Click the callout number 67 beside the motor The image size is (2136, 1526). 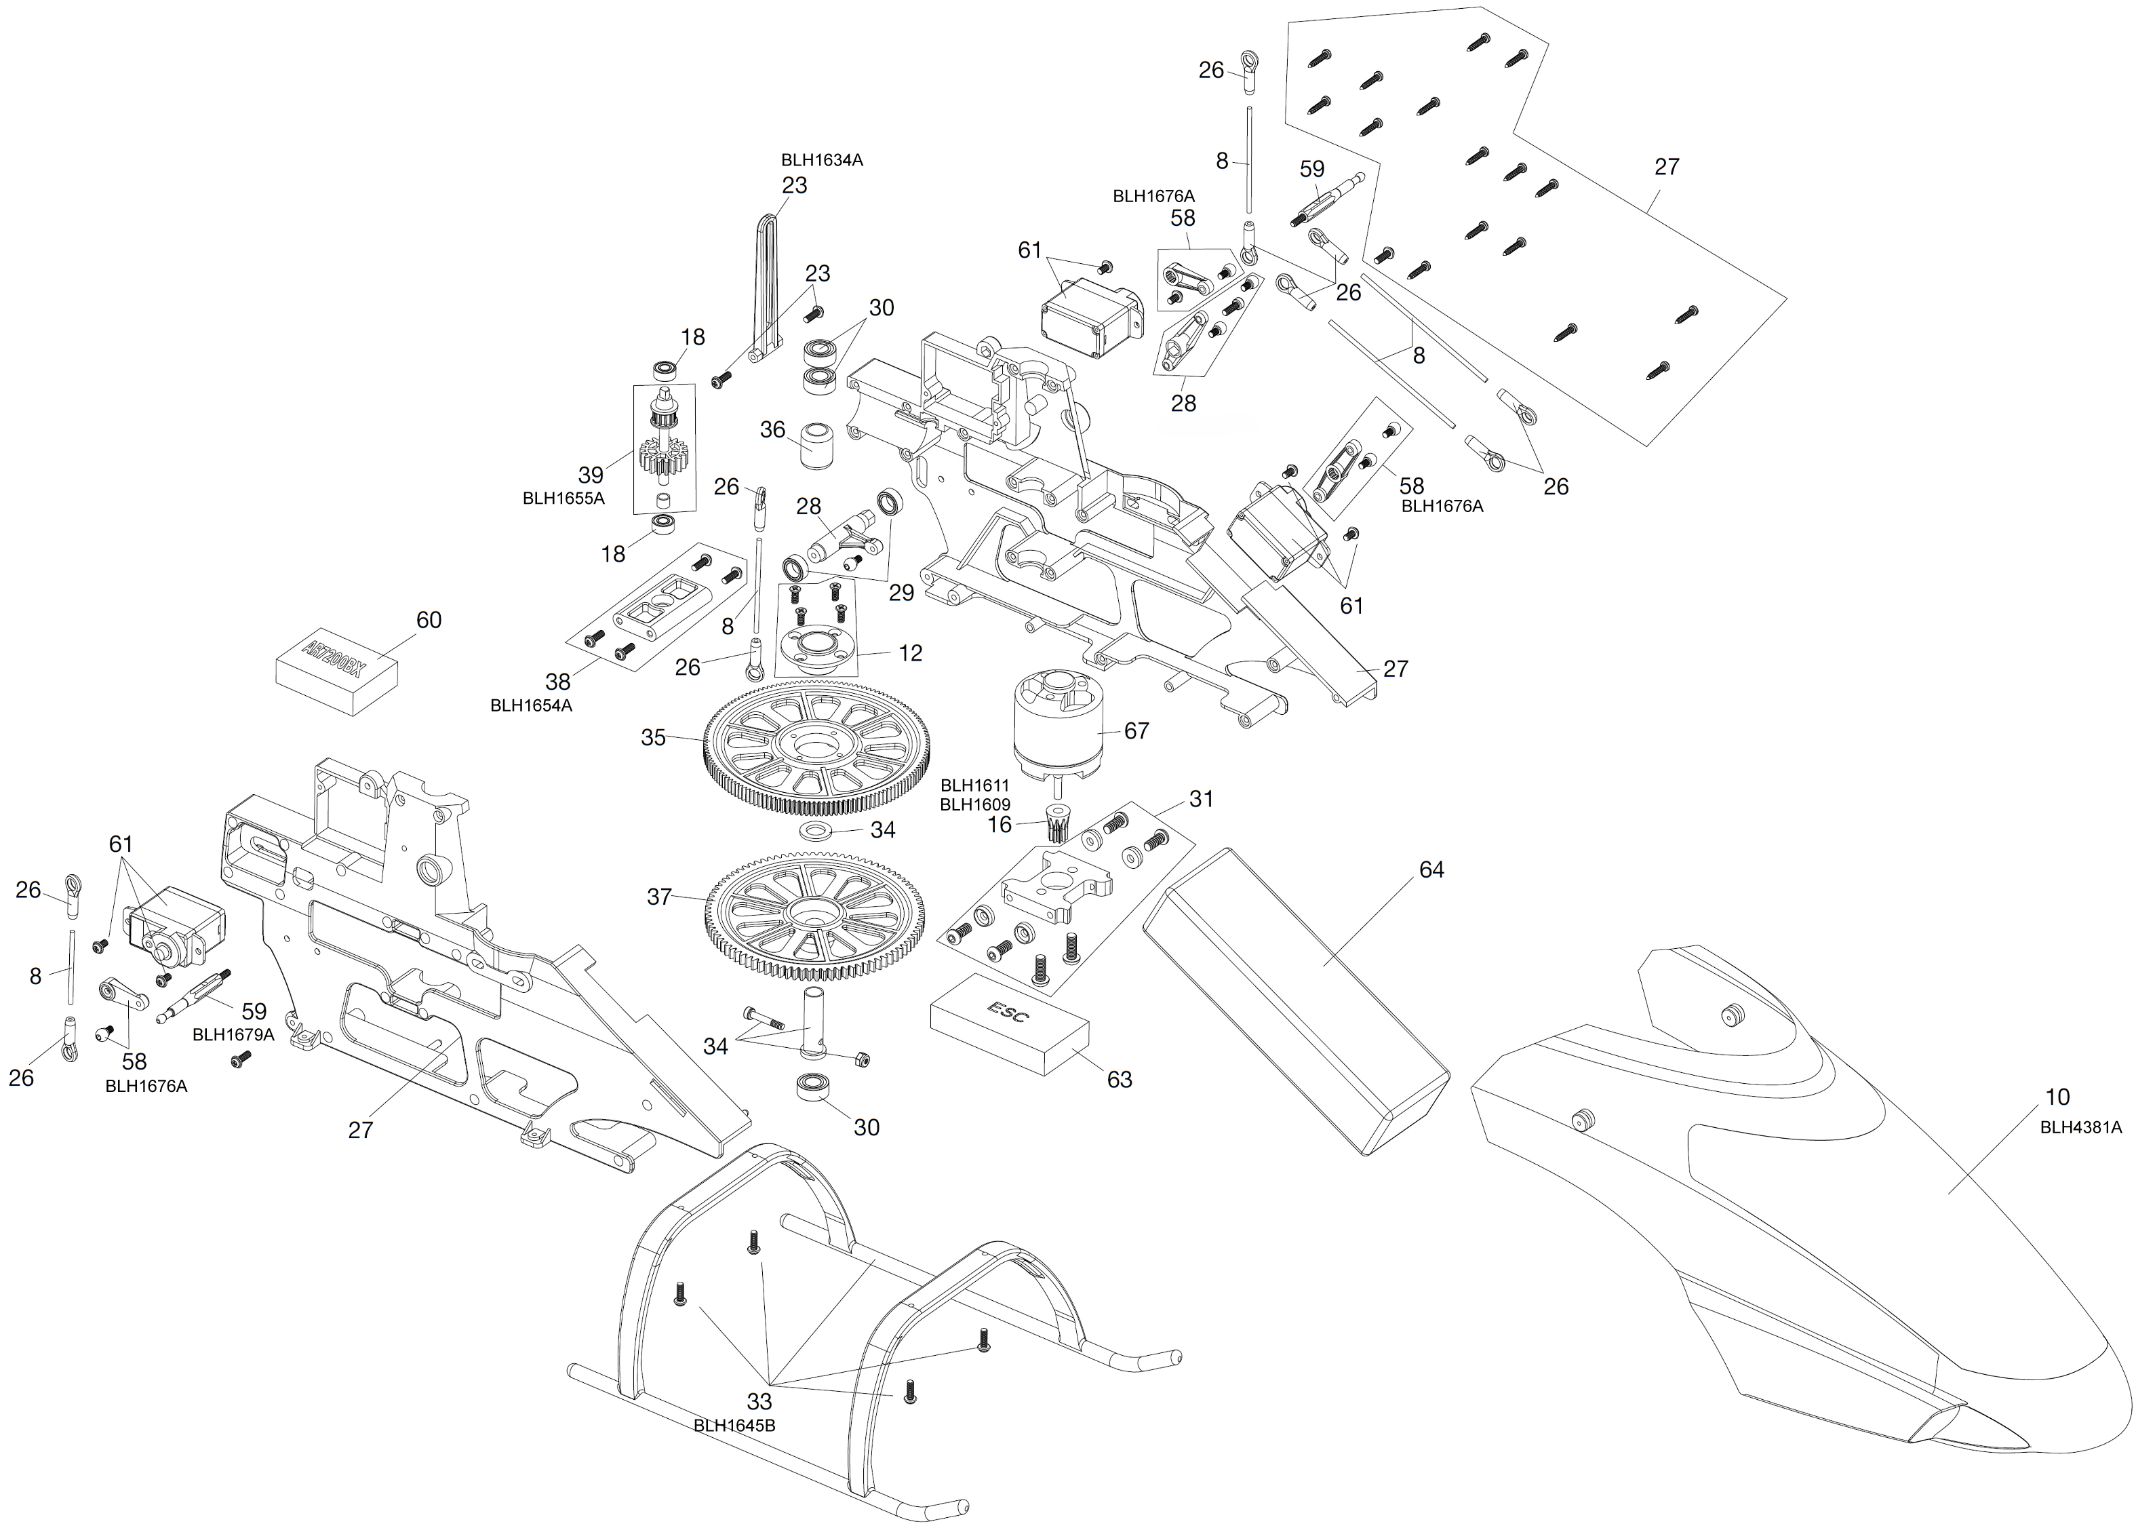(1136, 730)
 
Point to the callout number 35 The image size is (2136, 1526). (654, 738)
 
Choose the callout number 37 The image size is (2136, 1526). (659, 897)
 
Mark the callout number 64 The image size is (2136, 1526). (1431, 870)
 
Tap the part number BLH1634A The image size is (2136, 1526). (822, 161)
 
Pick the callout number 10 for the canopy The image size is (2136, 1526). (2057, 1097)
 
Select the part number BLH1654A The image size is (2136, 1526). (531, 705)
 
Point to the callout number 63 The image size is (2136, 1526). (1120, 1080)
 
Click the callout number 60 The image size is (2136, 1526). (429, 620)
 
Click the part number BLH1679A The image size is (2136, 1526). (233, 1034)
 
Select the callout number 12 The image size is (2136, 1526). (910, 653)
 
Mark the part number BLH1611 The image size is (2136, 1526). (974, 785)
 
